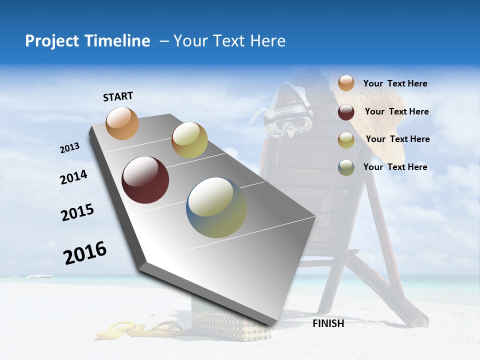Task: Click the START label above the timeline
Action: coord(118,96)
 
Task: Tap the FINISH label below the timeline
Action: coord(328,323)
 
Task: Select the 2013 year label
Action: coord(69,148)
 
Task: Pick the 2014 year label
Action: coord(73,177)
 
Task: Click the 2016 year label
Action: coord(85,253)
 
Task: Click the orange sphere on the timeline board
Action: coord(122,123)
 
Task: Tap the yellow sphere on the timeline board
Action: coord(189,140)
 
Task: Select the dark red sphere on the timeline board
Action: coord(145,180)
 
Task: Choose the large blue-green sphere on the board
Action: coord(216,207)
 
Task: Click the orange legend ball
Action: coord(346,83)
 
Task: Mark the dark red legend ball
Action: coord(346,112)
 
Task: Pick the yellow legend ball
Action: coord(346,140)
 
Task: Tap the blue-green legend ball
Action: coord(346,167)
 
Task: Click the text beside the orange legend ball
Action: coord(395,83)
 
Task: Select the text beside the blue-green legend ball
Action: coord(395,167)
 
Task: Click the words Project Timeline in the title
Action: coord(87,41)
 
